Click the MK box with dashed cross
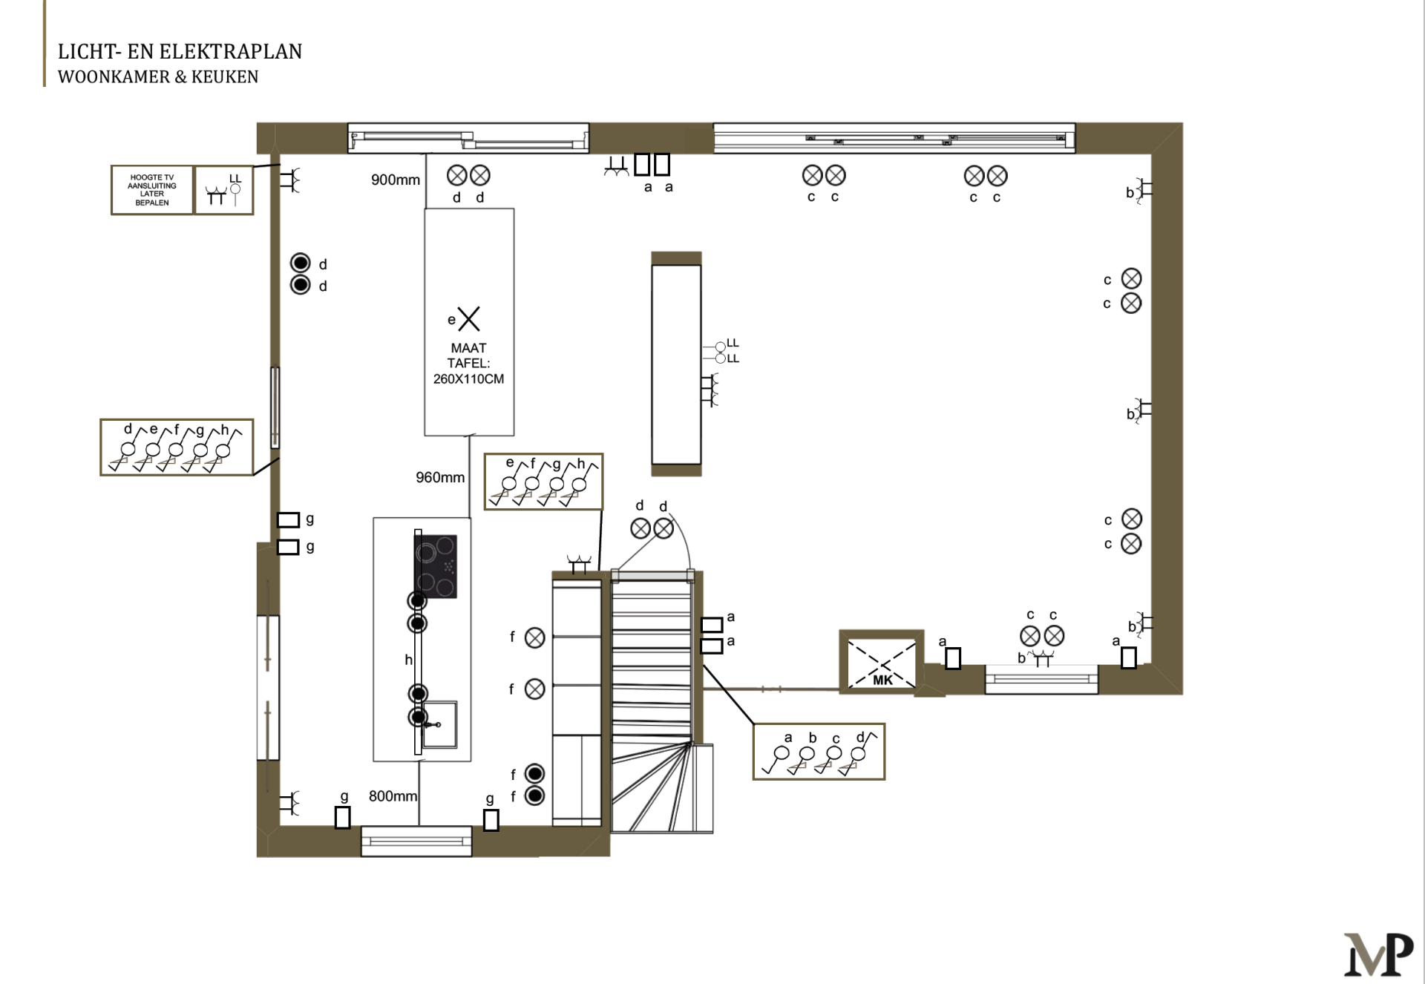click(882, 663)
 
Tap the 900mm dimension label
click(396, 180)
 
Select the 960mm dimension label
click(440, 477)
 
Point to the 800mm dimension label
click(393, 796)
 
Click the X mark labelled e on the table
click(469, 319)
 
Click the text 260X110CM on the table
click(468, 379)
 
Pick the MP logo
click(1378, 954)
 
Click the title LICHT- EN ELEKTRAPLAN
click(180, 51)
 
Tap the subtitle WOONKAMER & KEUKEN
click(158, 76)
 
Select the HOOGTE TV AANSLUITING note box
click(152, 190)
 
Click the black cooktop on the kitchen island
click(436, 566)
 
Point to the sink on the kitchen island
click(439, 724)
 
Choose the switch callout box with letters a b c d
click(819, 752)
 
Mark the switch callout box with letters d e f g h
click(177, 447)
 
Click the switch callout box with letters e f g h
click(543, 482)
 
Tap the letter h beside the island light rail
click(408, 660)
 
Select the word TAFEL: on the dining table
click(468, 363)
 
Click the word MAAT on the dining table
click(468, 348)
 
